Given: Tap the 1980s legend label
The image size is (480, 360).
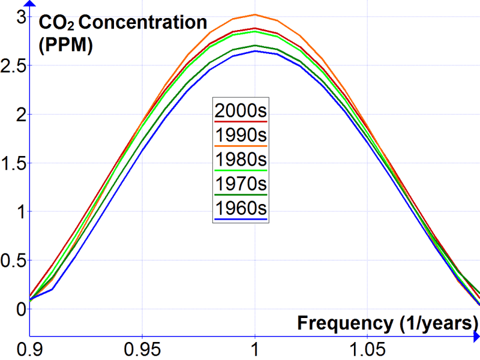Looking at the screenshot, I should coord(240,160).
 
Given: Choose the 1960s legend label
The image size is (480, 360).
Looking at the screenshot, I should coord(240,209).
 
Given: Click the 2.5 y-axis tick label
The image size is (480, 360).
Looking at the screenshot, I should coord(13,65).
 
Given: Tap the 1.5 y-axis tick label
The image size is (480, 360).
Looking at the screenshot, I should coord(13,163).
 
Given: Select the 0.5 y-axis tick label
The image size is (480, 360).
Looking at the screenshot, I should coord(13,260).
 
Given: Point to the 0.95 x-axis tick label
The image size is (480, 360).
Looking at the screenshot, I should coord(142,348).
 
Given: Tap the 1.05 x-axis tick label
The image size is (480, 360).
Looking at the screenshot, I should coord(367,348).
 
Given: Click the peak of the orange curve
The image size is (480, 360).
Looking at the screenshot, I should coord(255,14).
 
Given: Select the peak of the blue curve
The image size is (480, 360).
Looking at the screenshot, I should coord(255,51).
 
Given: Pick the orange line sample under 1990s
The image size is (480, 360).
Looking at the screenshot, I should coord(240,145).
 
